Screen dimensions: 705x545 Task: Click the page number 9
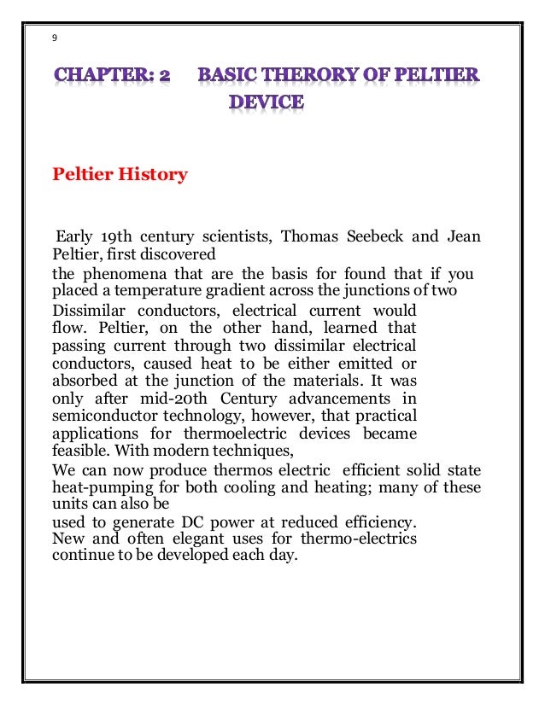click(x=55, y=38)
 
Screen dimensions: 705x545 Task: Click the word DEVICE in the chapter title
click(x=266, y=103)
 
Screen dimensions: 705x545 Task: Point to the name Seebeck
click(x=377, y=236)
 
